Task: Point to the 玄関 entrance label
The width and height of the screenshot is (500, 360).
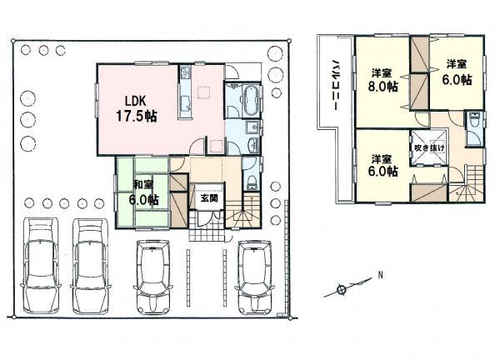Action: (x=207, y=198)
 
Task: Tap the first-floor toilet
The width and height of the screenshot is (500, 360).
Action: (x=252, y=182)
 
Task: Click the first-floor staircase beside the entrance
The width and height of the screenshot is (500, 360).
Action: (x=243, y=212)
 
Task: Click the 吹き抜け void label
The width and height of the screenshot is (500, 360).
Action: (x=429, y=147)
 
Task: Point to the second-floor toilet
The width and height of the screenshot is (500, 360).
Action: (x=473, y=122)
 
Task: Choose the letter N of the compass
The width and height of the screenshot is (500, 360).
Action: (x=380, y=275)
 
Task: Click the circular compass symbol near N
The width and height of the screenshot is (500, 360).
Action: (x=341, y=291)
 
